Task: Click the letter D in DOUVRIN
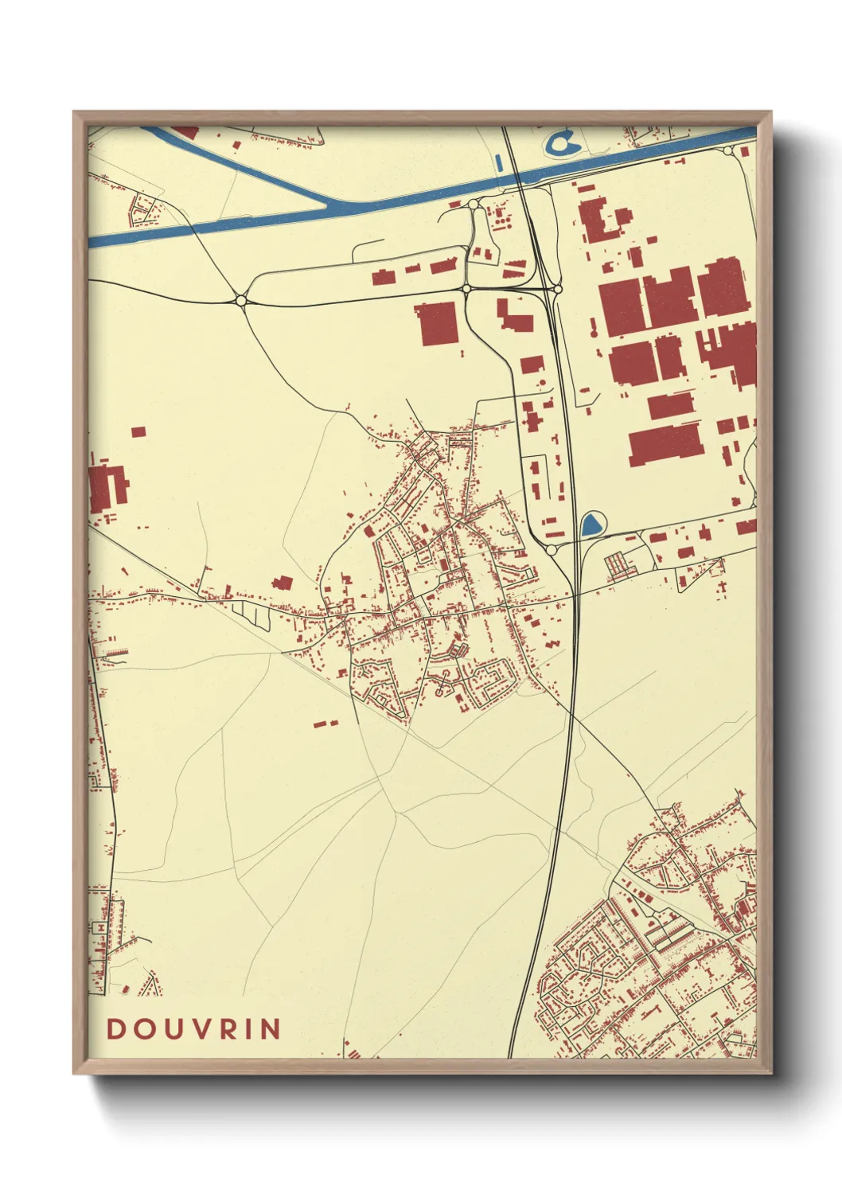coord(116,1029)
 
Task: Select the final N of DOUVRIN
coord(272,1029)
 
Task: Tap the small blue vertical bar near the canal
coord(499,163)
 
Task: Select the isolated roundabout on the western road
coord(241,300)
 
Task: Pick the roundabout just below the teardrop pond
coord(552,550)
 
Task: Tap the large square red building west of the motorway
coord(437,323)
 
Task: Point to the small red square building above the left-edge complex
coord(138,431)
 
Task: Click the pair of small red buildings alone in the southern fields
coord(325,724)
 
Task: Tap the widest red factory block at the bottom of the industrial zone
coord(665,444)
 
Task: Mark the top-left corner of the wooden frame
coord(74,112)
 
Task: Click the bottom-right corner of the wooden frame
coord(771,1072)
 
